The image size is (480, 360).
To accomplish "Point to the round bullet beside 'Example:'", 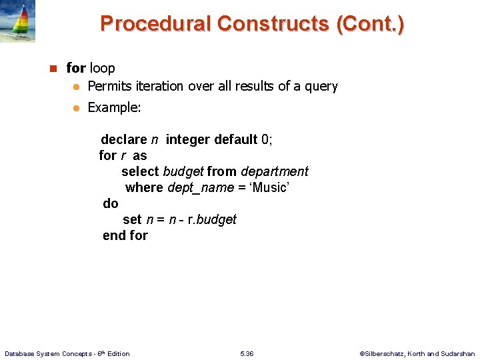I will coord(77,107).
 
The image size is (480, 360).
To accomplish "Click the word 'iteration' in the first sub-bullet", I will coord(160,86).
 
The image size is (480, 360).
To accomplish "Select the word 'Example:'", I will coord(114,107).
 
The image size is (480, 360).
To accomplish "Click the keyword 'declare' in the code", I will coord(123,139).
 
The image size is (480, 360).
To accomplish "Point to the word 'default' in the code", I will coord(236,139).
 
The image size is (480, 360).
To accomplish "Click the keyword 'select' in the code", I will coord(140,171).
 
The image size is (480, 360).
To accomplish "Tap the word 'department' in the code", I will coord(275,171).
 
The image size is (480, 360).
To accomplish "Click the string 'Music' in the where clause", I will coord(269,187).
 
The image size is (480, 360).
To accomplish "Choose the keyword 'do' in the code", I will coord(111,203).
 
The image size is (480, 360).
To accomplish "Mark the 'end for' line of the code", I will coord(125,235).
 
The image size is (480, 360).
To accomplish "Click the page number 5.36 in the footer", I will coord(247,353).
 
